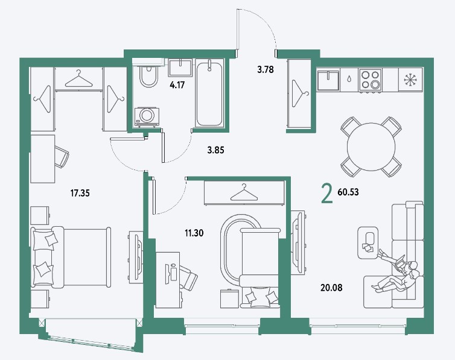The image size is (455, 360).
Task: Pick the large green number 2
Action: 326,194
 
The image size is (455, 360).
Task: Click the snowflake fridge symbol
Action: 412,79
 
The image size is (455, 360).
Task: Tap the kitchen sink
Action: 329,78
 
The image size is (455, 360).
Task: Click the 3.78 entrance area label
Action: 266,70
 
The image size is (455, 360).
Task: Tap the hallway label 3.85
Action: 215,151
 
